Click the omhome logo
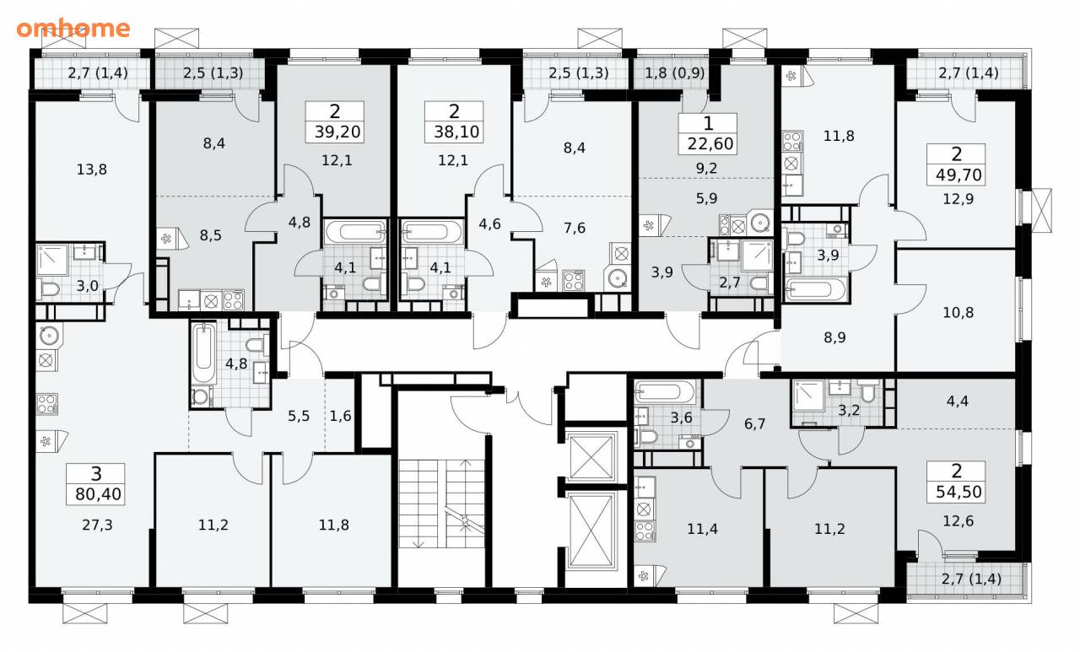[73, 29]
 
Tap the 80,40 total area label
[99, 494]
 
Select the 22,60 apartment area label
[710, 143]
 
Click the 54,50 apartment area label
[958, 492]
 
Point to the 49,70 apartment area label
[958, 175]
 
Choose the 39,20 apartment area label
[337, 132]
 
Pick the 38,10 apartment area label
[456, 132]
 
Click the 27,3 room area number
[97, 525]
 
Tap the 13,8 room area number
[92, 170]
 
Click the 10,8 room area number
[958, 313]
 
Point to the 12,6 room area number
[958, 521]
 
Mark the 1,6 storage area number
[340, 416]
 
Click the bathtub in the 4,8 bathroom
[203, 354]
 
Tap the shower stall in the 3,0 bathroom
[53, 260]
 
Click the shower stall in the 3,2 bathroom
[808, 396]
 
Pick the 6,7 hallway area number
[754, 424]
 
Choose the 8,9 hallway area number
[834, 337]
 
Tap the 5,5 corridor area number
[299, 416]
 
